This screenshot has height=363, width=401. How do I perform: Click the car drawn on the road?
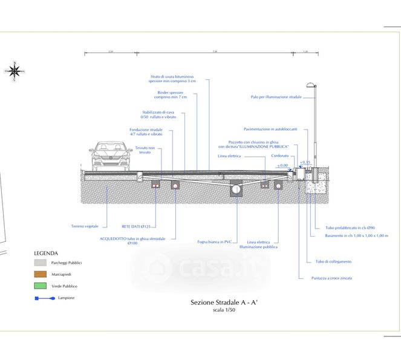110,155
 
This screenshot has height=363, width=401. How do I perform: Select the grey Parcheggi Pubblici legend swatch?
40,263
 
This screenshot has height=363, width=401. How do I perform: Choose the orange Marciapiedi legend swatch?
40,275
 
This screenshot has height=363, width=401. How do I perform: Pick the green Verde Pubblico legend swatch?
40,286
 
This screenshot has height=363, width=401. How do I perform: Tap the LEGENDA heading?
46,253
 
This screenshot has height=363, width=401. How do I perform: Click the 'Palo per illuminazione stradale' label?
276,97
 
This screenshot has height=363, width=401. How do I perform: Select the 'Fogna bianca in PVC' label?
215,242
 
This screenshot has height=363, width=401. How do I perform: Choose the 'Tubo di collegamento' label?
333,261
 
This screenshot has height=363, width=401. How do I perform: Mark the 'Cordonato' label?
280,155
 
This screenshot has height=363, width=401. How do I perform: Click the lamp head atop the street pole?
311,85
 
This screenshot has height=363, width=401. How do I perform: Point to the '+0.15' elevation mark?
305,162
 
